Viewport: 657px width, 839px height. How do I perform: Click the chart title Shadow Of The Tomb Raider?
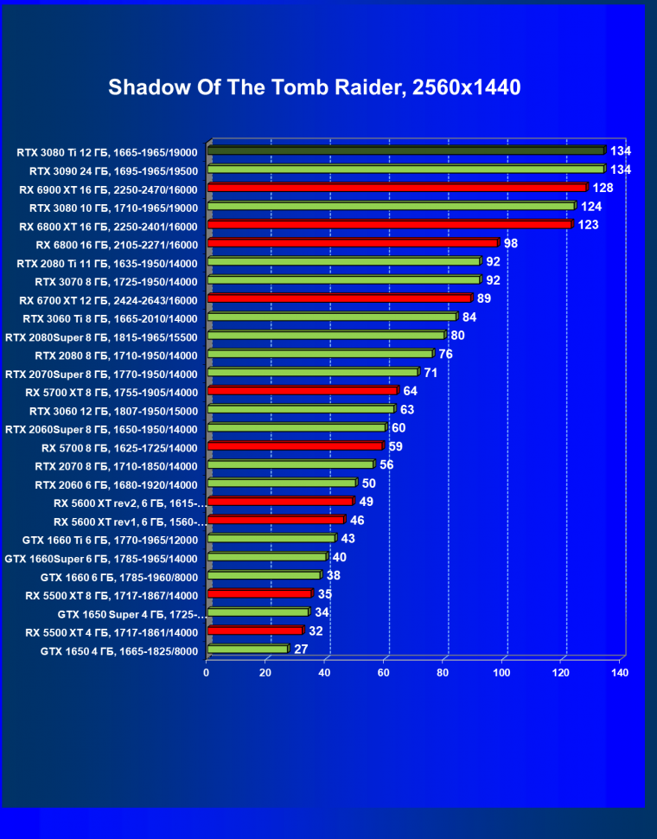(315, 87)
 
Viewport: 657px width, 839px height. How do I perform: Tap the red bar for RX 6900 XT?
(397, 188)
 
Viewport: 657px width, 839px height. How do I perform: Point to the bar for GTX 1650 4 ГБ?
(247, 649)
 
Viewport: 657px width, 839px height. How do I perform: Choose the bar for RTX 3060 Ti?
(332, 317)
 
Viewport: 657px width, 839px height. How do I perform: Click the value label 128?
(603, 188)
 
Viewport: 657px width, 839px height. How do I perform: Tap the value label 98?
(511, 243)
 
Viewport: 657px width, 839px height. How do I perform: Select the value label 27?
(301, 649)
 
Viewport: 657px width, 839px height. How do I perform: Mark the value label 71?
(431, 373)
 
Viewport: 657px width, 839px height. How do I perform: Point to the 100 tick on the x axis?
(502, 672)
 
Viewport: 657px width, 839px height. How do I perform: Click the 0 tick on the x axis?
(207, 672)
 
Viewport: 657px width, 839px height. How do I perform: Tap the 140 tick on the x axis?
(619, 672)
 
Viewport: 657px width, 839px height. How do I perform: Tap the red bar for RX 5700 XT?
(302, 391)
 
